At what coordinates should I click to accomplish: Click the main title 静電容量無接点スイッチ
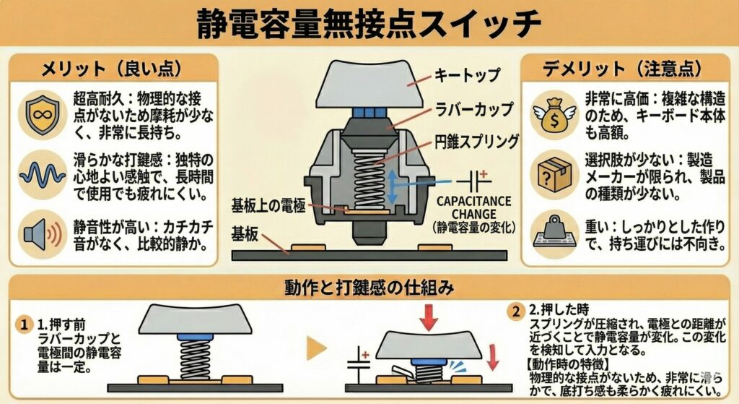[x=369, y=22]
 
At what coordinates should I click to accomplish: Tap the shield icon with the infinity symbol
[x=43, y=115]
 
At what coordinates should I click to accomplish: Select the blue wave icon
[x=43, y=175]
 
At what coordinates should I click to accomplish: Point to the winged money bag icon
[x=555, y=115]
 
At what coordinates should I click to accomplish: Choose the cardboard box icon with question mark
[x=554, y=175]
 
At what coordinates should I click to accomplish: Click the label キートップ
[x=467, y=74]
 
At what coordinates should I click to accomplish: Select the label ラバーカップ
[x=473, y=109]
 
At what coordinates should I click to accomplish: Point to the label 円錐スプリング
[x=476, y=141]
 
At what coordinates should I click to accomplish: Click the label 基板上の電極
[x=268, y=206]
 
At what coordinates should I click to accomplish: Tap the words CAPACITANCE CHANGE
[x=473, y=207]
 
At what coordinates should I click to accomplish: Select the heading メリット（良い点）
[x=112, y=69]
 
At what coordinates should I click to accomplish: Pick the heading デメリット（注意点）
[x=622, y=69]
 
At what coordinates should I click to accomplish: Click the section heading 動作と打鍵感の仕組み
[x=369, y=286]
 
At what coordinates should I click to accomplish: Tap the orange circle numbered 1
[x=24, y=325]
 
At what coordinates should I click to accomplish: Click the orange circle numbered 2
[x=516, y=311]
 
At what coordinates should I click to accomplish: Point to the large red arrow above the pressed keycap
[x=429, y=317]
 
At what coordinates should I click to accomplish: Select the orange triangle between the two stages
[x=317, y=349]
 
